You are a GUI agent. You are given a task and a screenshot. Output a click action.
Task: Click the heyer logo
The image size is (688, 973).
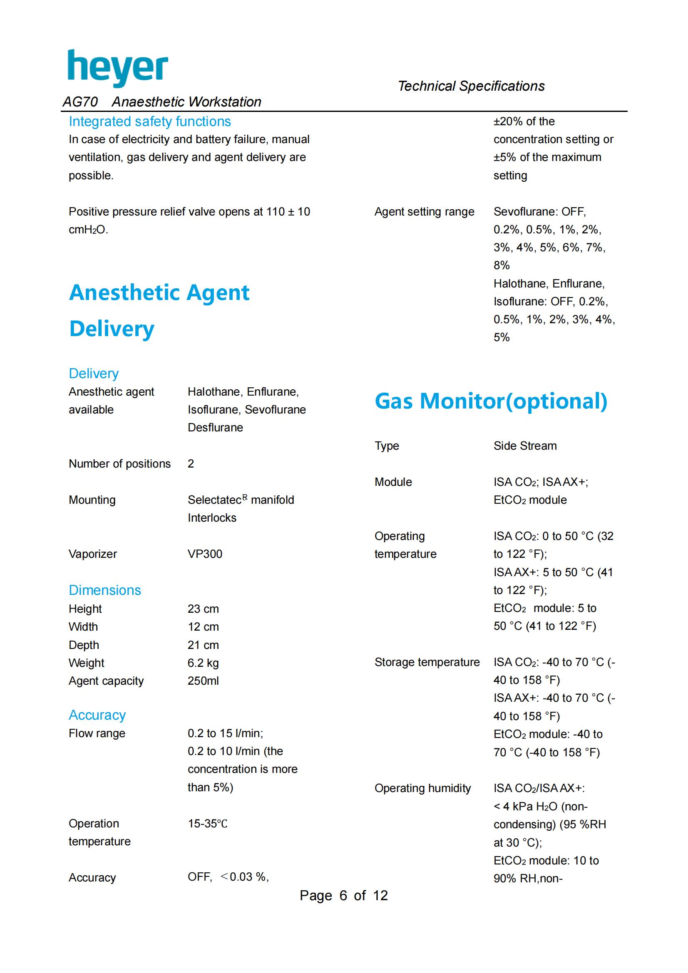click(x=118, y=68)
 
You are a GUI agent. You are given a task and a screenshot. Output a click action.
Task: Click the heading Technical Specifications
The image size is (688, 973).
click(x=471, y=86)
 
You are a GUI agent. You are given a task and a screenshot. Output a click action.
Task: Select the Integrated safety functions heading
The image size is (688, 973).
click(x=150, y=121)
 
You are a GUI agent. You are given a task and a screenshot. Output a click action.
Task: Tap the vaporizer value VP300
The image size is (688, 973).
click(x=205, y=554)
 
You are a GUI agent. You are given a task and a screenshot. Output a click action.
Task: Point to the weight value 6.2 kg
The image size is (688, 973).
click(x=203, y=663)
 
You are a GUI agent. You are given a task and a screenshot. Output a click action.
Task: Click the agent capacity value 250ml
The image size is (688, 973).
click(x=203, y=681)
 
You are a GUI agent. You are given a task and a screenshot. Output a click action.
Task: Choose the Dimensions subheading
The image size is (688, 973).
click(x=105, y=590)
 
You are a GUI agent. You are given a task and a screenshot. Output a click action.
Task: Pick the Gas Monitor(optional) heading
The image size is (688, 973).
click(x=491, y=401)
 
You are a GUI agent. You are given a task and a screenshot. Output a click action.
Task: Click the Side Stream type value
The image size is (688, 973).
click(x=525, y=446)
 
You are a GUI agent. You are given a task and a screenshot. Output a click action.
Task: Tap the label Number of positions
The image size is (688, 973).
click(x=119, y=463)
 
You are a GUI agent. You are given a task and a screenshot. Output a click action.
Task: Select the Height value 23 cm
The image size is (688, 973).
click(x=203, y=609)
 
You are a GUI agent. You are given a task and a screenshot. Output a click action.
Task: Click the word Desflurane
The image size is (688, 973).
click(x=215, y=428)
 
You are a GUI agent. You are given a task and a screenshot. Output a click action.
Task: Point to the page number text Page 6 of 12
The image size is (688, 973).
click(x=343, y=896)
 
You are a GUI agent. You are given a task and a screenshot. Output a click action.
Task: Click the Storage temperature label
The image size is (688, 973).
click(x=427, y=662)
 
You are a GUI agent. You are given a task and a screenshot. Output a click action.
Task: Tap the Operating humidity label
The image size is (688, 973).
click(x=422, y=788)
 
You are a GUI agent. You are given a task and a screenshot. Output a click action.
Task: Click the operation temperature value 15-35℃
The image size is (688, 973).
click(x=207, y=824)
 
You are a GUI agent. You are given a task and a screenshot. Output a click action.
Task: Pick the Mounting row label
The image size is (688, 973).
click(x=92, y=500)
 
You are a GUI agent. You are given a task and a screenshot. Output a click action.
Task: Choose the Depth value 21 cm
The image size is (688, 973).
click(x=203, y=645)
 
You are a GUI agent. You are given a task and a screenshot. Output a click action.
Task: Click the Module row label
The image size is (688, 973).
click(x=393, y=482)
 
